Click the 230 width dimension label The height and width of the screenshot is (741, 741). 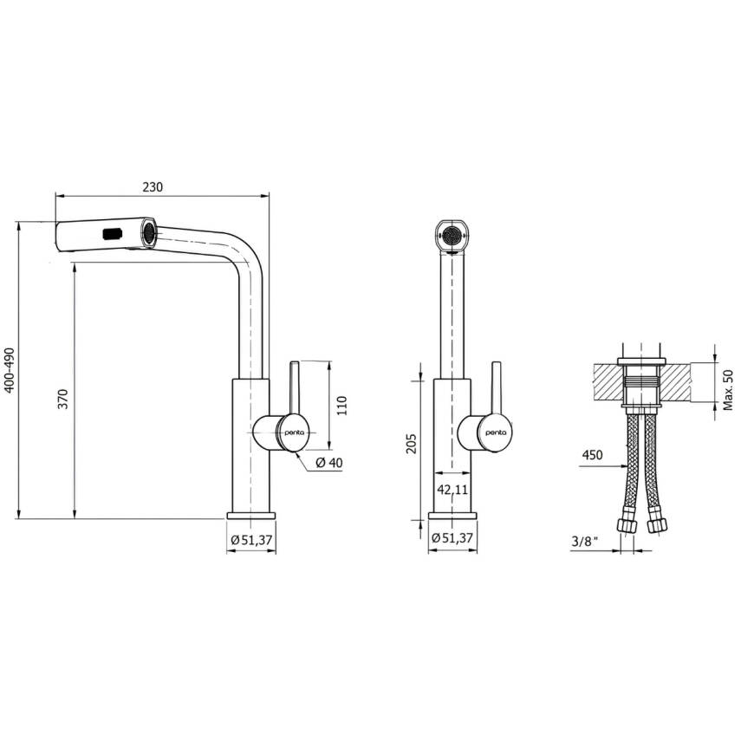click(153, 186)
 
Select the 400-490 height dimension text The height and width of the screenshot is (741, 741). click(10, 370)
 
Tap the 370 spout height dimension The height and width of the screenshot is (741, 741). click(63, 399)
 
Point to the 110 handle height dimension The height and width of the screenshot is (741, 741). click(341, 406)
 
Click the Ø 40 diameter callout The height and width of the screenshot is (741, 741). click(329, 463)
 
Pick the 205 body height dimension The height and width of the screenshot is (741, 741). click(412, 443)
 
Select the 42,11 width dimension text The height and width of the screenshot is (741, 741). click(452, 490)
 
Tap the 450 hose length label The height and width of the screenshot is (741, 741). click(592, 455)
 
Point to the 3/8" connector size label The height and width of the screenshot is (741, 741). click(585, 542)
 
